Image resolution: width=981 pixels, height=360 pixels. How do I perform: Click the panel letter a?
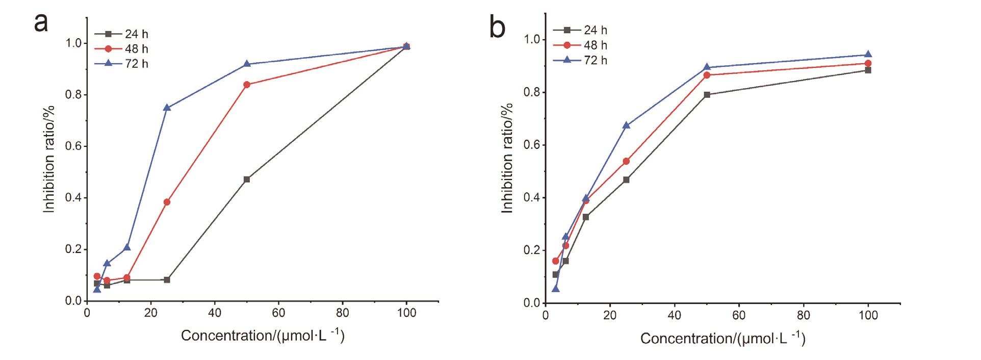[x=41, y=23]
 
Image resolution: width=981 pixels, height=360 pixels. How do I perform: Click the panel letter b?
[x=497, y=28]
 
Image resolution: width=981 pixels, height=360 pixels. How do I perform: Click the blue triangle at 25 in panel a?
[x=167, y=108]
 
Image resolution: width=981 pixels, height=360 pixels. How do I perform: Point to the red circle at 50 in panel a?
[x=247, y=85]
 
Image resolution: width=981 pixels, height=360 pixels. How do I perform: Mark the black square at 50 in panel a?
[x=247, y=179]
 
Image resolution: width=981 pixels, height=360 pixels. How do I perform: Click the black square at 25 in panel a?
[x=167, y=280]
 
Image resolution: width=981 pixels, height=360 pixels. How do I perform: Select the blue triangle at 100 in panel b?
[x=868, y=55]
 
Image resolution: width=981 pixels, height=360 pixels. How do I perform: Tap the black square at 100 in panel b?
[x=868, y=70]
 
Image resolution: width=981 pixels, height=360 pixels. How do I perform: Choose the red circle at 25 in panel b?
[x=626, y=161]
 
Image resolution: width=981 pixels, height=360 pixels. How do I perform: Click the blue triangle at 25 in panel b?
[x=626, y=125]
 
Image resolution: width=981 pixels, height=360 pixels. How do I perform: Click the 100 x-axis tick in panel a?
[x=406, y=313]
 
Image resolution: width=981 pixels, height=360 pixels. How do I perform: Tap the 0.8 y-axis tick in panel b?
[x=531, y=92]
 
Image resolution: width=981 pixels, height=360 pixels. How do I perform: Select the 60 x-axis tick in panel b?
[x=739, y=315]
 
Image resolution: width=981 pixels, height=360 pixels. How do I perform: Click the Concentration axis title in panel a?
[x=263, y=336]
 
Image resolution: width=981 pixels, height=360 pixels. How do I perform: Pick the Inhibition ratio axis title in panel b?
[x=507, y=158]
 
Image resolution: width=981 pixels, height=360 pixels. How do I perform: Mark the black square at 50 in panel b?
[x=707, y=95]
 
